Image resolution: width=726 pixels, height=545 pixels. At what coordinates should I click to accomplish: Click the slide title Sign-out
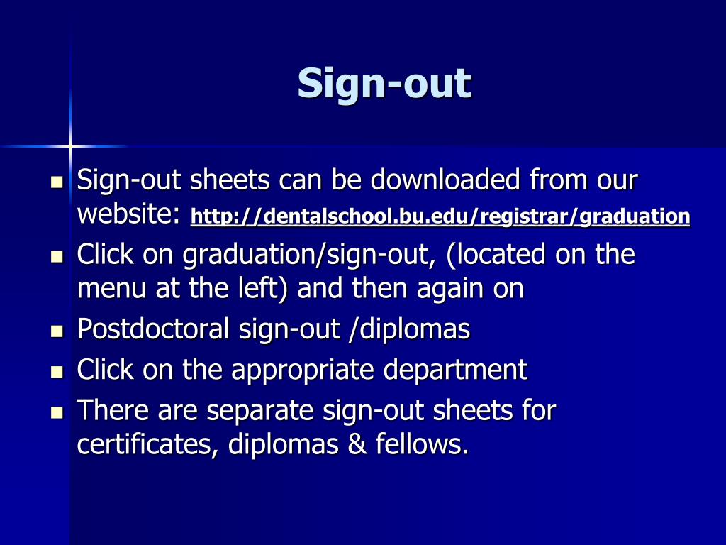(384, 84)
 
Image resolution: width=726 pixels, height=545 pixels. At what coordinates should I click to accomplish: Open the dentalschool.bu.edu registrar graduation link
(440, 216)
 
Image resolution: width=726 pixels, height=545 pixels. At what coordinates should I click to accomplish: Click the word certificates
(148, 444)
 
